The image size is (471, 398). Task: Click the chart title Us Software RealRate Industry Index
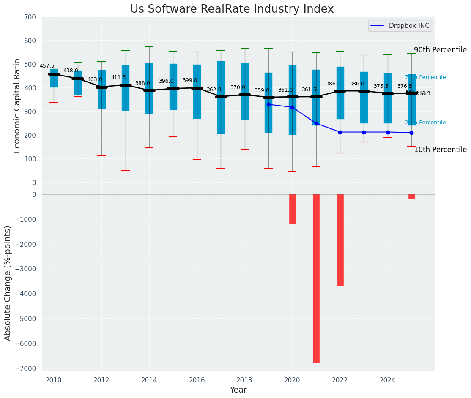point(232,9)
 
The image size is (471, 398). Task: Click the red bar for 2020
point(292,209)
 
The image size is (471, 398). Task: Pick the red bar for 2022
point(340,240)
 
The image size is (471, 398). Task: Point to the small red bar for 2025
point(411,196)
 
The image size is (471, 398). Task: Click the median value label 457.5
point(47,66)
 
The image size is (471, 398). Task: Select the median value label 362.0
point(214,90)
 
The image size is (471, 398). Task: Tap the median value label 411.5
point(118,77)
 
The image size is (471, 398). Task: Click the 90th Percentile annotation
point(440,50)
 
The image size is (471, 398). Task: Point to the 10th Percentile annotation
point(440,150)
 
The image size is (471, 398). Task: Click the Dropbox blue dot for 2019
point(268,104)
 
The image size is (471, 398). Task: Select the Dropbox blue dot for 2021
point(316,123)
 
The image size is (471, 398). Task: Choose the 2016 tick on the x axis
point(197,380)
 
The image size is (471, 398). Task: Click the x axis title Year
point(238,390)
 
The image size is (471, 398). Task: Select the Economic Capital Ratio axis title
point(17,106)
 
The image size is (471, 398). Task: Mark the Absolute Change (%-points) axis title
point(8,283)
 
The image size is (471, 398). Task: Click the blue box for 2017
point(221,97)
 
